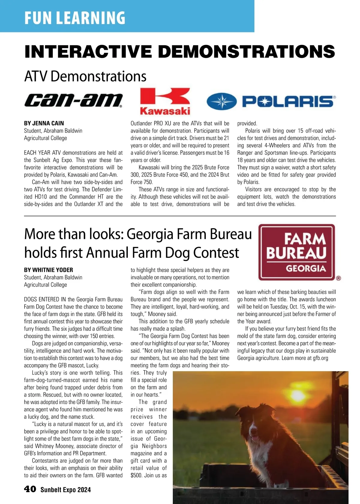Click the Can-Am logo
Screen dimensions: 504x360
[73, 100]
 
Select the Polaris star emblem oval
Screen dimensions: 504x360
[222, 101]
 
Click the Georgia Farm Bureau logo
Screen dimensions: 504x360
[296, 252]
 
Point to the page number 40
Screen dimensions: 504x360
[30, 489]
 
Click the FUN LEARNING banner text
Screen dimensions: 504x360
[75, 18]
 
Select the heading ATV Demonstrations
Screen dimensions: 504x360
[85, 76]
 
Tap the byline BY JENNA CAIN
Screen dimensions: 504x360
[44, 123]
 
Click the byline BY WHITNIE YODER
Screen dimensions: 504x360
[49, 270]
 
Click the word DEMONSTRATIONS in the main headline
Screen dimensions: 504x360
[247, 52]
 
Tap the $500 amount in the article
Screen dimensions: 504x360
[136, 475]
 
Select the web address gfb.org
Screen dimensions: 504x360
[320, 358]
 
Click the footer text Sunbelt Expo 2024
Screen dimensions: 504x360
[65, 490]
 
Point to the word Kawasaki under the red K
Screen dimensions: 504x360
[165, 111]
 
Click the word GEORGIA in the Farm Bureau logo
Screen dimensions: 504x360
[306, 268]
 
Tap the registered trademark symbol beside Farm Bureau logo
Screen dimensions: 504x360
[338, 278]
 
